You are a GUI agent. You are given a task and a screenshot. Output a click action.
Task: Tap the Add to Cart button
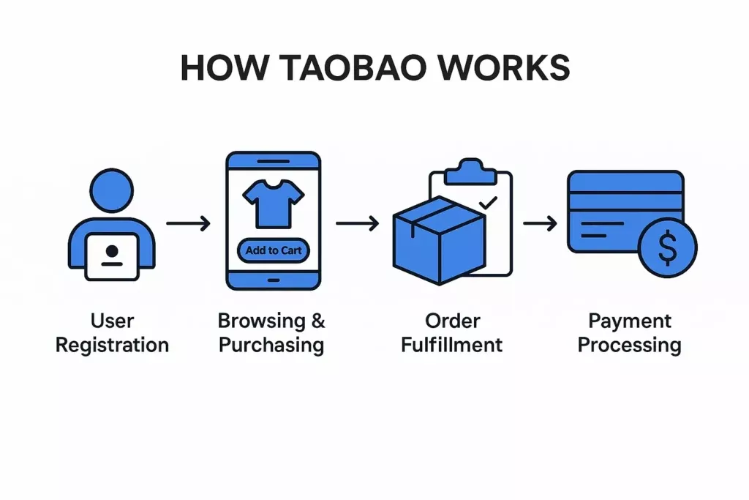click(273, 250)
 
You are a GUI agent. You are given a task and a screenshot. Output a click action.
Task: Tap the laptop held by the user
click(112, 255)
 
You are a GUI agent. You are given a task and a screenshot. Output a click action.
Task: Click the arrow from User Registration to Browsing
click(188, 222)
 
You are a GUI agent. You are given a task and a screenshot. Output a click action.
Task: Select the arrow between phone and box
click(357, 222)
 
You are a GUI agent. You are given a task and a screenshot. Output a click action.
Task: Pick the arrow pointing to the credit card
click(541, 222)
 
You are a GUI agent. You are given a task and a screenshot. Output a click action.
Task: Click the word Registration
click(112, 345)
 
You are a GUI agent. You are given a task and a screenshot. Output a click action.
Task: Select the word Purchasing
click(271, 345)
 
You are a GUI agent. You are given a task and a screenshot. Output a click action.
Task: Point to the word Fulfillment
click(452, 345)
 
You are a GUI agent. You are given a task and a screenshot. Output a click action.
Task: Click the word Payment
click(629, 321)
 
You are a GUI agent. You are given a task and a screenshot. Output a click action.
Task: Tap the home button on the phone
click(273, 279)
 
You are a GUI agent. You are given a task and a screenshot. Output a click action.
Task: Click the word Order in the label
click(452, 321)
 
